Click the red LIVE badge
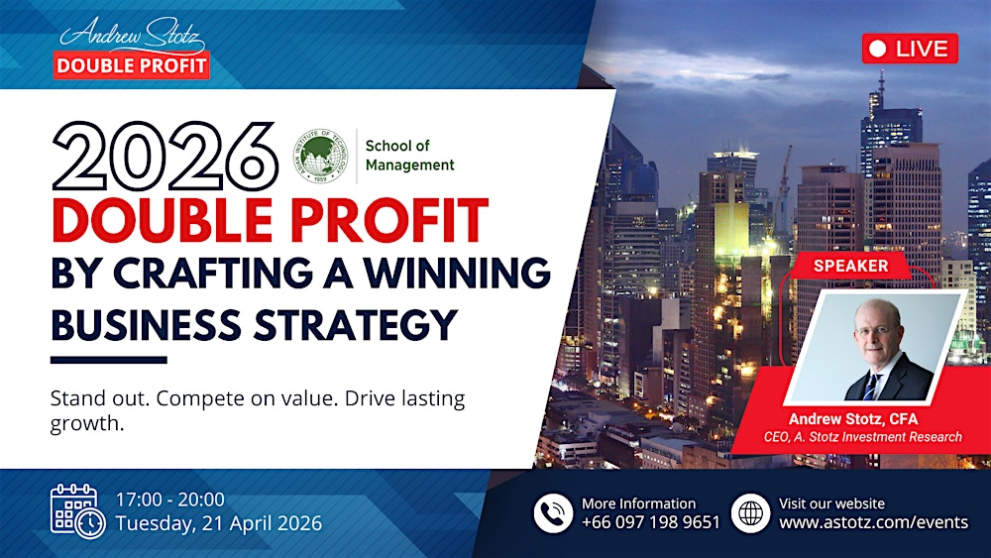tap(910, 48)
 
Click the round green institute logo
tap(321, 155)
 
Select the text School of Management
tap(409, 156)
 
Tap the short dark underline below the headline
tap(108, 360)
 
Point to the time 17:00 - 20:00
tap(170, 500)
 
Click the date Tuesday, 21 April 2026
tap(219, 523)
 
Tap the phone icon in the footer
tap(554, 512)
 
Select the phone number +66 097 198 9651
tap(651, 522)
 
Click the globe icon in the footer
tap(750, 512)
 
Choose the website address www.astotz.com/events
tap(873, 522)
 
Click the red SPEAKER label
tap(850, 266)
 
